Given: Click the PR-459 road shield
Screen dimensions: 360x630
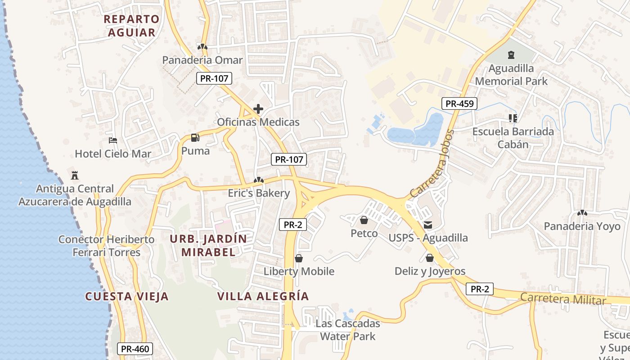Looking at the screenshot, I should [459, 104].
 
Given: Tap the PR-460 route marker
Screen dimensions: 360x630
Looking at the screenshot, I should [135, 349].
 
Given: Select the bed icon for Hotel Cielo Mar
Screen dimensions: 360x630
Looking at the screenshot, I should [113, 140].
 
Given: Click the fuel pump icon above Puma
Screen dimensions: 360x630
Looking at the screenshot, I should [195, 138].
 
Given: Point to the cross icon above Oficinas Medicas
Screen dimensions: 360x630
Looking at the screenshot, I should [258, 109].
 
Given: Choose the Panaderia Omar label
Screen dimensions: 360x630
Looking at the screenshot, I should [202, 60].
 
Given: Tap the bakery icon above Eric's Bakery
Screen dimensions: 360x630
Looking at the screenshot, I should [258, 180].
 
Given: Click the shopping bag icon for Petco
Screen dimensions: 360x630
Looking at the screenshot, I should [364, 220].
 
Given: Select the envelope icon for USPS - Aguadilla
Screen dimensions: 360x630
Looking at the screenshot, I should [427, 225].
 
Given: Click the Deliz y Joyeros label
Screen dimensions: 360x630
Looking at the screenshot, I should [430, 271].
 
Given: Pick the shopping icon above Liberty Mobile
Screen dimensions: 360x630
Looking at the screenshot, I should [299, 258].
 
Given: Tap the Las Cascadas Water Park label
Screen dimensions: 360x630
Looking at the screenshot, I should [347, 330].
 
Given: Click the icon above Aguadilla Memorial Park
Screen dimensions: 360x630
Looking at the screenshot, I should [511, 55].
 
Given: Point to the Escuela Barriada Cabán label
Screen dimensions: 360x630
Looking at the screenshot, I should [513, 138].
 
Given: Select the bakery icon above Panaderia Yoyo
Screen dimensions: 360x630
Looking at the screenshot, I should [582, 212].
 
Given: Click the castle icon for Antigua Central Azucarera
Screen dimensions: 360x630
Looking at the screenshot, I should [75, 175].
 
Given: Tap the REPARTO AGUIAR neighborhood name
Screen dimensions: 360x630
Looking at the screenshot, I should [131, 26].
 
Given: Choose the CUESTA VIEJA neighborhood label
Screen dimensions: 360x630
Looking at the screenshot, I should [127, 297].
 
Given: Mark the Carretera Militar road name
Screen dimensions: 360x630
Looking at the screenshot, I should [563, 299].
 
